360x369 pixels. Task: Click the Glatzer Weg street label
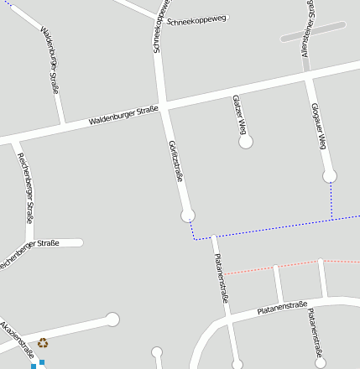click(x=239, y=115)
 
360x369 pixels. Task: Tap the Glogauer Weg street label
click(x=318, y=127)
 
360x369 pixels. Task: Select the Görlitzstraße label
click(x=175, y=160)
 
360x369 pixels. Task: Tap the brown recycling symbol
click(x=43, y=342)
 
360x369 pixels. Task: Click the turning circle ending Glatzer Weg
click(x=246, y=143)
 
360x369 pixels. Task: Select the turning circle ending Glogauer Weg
click(x=330, y=175)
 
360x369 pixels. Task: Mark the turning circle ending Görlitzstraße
click(x=188, y=216)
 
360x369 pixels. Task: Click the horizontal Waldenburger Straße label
click(x=123, y=117)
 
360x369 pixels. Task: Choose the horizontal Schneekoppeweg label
click(x=198, y=19)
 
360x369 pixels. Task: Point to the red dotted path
click(x=252, y=270)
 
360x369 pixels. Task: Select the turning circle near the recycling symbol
click(x=112, y=319)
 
